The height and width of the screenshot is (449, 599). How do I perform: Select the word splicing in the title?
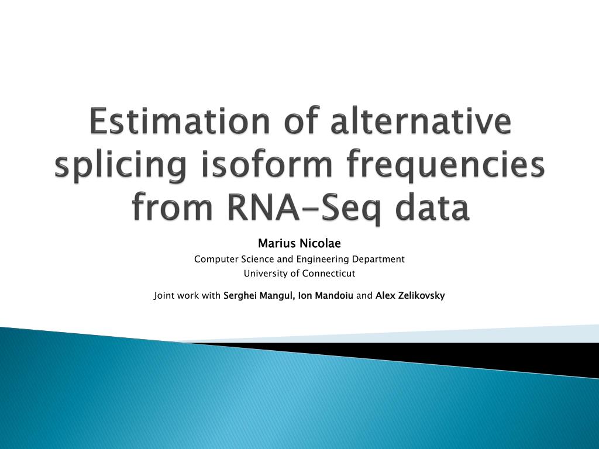tap(121, 165)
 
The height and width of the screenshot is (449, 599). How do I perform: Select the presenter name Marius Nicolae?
tap(299, 243)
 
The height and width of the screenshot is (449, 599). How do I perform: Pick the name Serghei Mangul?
tap(259, 296)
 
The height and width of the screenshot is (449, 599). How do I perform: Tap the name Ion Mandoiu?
tap(325, 296)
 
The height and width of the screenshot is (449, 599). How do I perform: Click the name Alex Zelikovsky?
tap(410, 296)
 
